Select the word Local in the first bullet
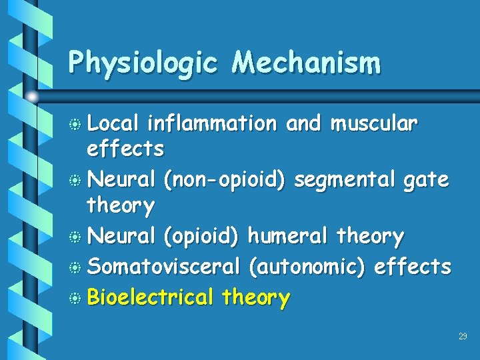[x=113, y=123]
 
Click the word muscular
[x=374, y=123]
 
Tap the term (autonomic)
[x=307, y=267]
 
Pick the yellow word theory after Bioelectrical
[x=257, y=298]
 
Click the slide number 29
[x=463, y=337]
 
